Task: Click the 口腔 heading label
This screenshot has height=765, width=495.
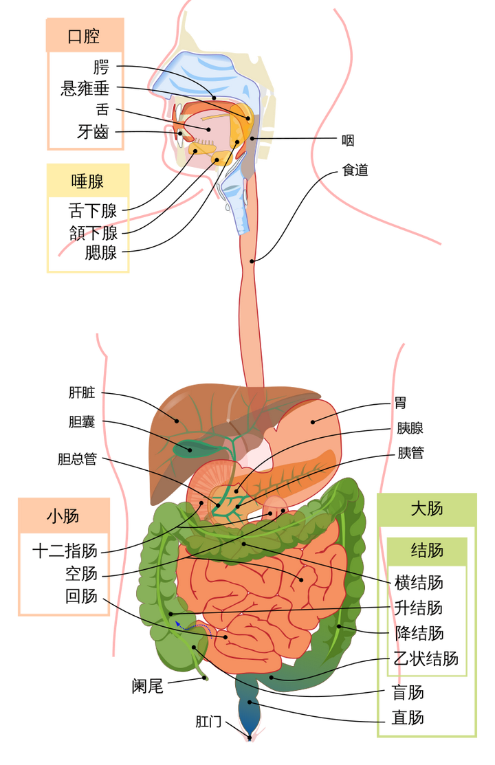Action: click(x=84, y=36)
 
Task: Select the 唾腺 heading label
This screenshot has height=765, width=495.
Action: click(x=87, y=181)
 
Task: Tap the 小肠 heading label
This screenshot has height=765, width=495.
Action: click(x=63, y=516)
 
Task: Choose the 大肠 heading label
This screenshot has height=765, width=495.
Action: click(x=426, y=509)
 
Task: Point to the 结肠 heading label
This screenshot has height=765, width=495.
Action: click(x=426, y=551)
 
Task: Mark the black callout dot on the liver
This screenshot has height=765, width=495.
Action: click(x=177, y=421)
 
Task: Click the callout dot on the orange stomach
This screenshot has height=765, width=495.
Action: click(x=313, y=422)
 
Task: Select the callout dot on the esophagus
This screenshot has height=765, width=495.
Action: click(x=253, y=261)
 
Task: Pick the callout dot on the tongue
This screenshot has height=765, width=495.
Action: click(x=207, y=129)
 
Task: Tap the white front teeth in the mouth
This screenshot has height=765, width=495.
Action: click(x=180, y=138)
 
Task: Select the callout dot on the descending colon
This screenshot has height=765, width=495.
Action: click(x=339, y=626)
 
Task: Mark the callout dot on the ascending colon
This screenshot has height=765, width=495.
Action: click(x=170, y=613)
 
